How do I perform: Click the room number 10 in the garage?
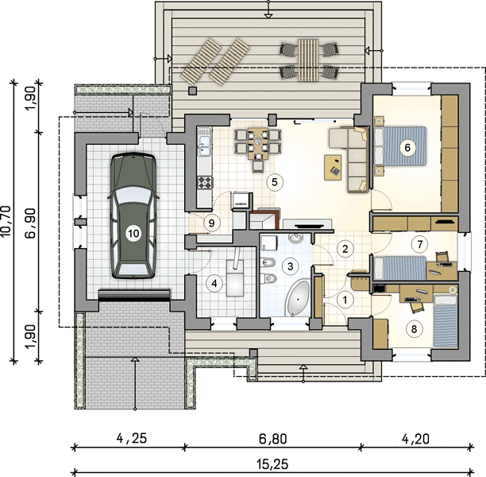click(x=134, y=233)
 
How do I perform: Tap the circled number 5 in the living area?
click(x=275, y=182)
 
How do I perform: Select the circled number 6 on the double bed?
click(x=407, y=147)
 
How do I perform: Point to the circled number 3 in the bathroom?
click(x=291, y=266)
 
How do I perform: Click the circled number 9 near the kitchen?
click(x=212, y=223)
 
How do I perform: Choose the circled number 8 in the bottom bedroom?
click(x=415, y=328)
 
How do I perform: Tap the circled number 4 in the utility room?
click(x=214, y=283)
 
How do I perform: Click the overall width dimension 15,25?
click(x=272, y=464)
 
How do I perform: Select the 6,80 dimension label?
click(x=272, y=439)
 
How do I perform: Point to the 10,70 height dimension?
click(x=7, y=223)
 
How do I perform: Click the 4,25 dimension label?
click(x=131, y=439)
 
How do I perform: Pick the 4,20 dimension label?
click(x=415, y=439)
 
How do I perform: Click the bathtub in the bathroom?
click(x=298, y=299)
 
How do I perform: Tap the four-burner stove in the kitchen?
click(x=205, y=182)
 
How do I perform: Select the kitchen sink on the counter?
click(x=204, y=145)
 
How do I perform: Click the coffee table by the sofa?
click(x=333, y=167)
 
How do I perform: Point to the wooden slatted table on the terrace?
click(x=308, y=60)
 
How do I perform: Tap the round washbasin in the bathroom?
click(x=296, y=238)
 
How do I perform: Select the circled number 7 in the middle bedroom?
click(x=419, y=244)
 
